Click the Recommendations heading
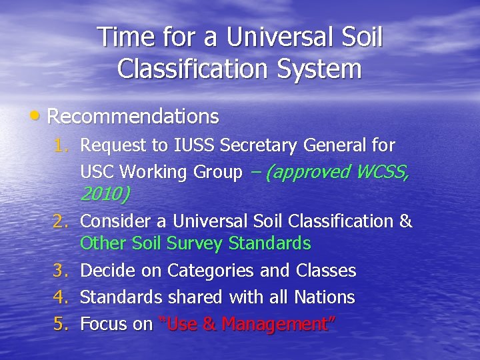click(133, 117)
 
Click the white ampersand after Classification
click(405, 221)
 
